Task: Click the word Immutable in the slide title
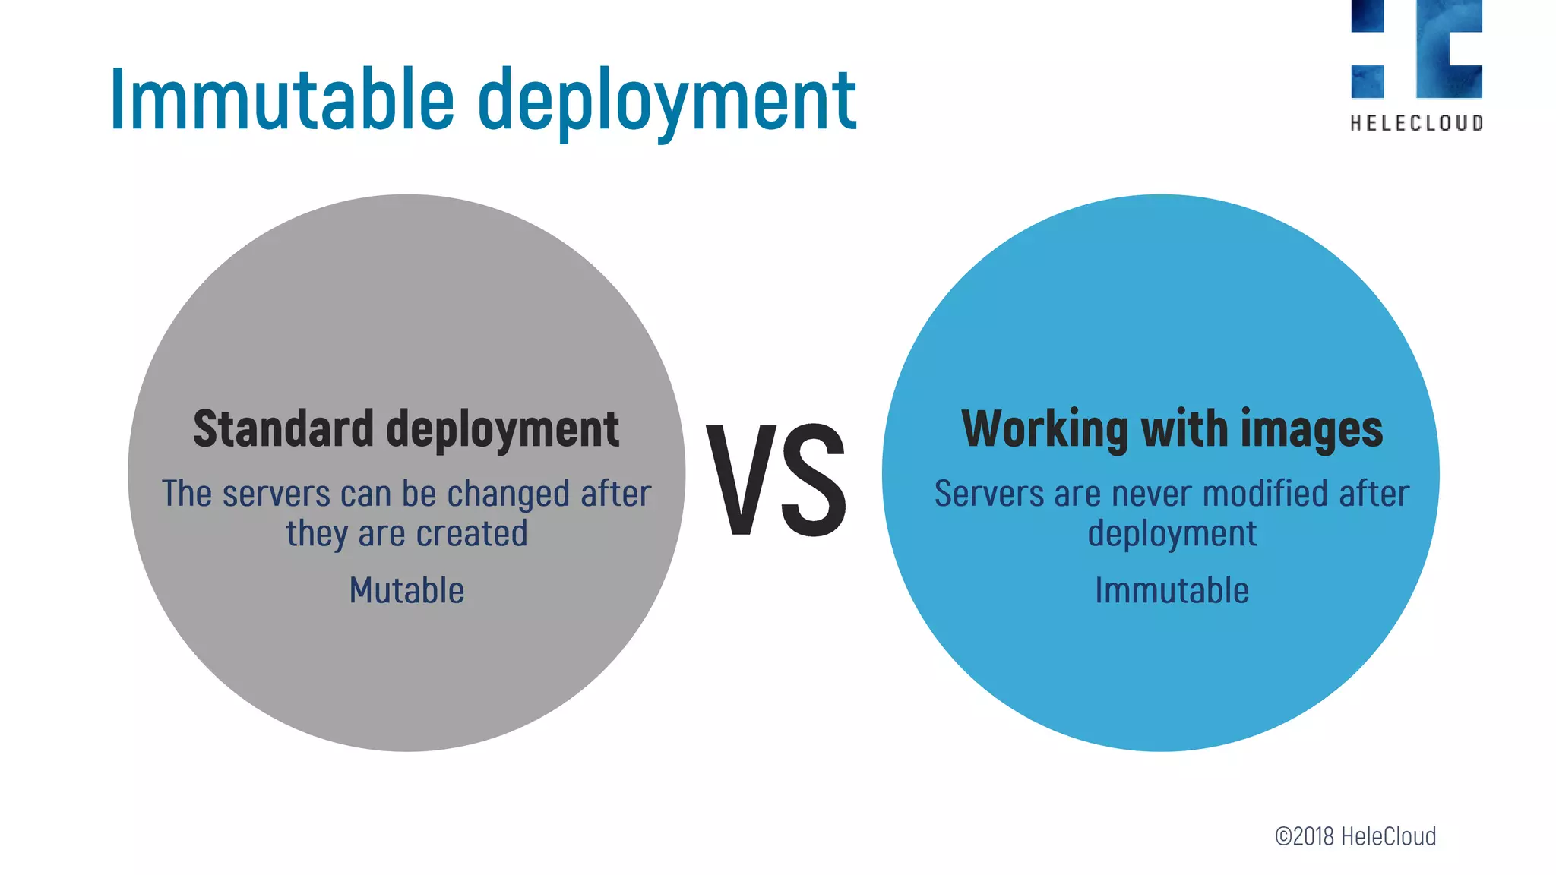pyautogui.click(x=282, y=100)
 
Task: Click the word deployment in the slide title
pyautogui.click(x=666, y=103)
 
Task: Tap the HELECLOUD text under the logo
pyautogui.click(x=1416, y=123)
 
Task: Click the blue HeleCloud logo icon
pyautogui.click(x=1416, y=49)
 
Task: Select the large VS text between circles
pyautogui.click(x=776, y=480)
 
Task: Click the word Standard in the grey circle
pyautogui.click(x=283, y=428)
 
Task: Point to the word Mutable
pyautogui.click(x=406, y=590)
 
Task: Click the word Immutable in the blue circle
pyautogui.click(x=1172, y=590)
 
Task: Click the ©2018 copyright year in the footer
pyautogui.click(x=1304, y=836)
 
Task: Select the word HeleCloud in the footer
pyautogui.click(x=1388, y=836)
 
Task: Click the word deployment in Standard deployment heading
pyautogui.click(x=502, y=430)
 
